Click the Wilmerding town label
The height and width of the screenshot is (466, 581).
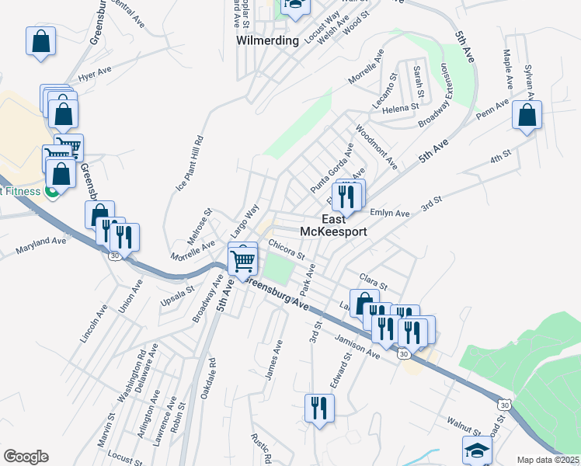tap(268, 40)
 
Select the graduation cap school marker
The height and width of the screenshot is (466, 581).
tap(478, 451)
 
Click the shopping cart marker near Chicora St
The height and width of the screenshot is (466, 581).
tap(243, 262)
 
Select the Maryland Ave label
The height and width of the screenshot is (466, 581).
tap(41, 246)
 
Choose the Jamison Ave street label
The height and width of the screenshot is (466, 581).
tap(357, 345)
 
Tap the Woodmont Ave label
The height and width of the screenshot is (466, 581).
tap(377, 147)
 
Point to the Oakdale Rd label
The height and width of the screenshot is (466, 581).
tap(207, 378)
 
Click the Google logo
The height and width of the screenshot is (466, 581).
tap(26, 457)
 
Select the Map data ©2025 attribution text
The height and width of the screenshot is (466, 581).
tap(548, 460)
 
